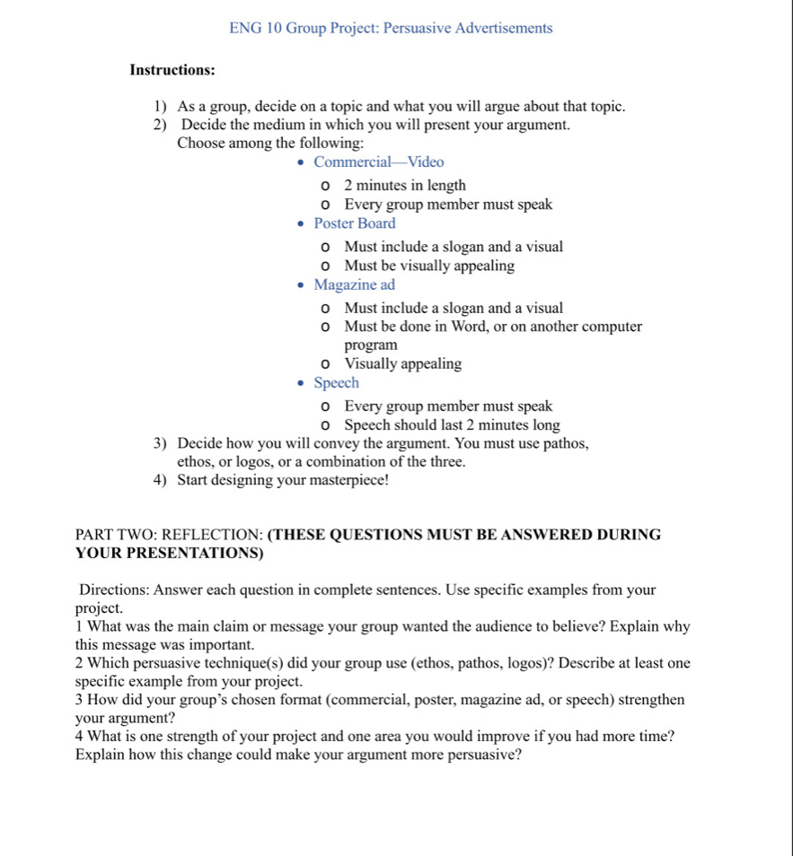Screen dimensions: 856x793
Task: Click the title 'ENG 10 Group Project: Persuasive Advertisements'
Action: [x=391, y=28]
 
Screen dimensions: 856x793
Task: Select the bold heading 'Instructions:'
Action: [x=172, y=70]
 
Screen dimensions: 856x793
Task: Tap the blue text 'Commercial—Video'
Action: [x=378, y=162]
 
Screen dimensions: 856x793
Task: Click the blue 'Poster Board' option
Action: [x=354, y=223]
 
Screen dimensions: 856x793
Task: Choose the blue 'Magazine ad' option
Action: [x=354, y=285]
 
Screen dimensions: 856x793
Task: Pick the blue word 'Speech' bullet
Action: [x=336, y=383]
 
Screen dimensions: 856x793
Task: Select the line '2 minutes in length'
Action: [x=405, y=186]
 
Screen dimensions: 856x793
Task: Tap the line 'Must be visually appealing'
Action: [x=429, y=266]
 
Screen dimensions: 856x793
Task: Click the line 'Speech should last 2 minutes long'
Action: [x=452, y=425]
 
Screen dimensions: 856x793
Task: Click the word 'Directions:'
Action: [x=114, y=590]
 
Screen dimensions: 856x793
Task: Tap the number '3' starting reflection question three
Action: [x=80, y=701]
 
